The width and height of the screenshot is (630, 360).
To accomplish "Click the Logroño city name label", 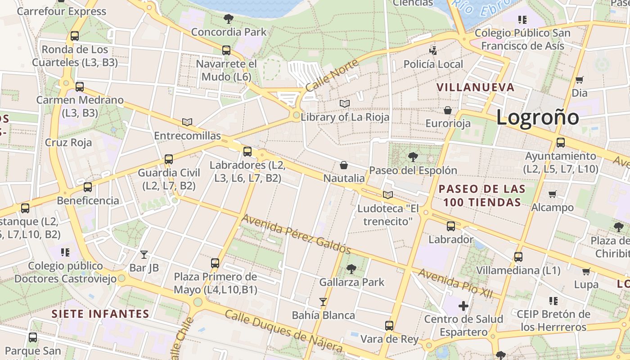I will coord(537,117).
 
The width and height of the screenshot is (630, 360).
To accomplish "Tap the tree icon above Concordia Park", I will coord(228,19).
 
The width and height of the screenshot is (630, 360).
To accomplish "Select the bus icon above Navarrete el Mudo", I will coord(226,50).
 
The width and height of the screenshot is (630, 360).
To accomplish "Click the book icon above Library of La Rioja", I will coord(345,104).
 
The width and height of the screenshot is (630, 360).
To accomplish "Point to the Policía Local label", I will coord(433,64).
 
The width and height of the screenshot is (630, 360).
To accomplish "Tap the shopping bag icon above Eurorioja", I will coord(448,110).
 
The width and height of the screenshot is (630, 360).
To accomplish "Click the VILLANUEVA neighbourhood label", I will coord(475,87).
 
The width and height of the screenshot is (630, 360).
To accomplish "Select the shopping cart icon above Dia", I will coord(580,80).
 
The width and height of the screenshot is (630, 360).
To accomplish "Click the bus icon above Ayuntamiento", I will coord(561,143).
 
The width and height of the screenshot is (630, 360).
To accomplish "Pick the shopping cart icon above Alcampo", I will coord(553,194).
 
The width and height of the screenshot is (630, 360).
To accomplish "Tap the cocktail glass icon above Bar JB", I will coord(144,255).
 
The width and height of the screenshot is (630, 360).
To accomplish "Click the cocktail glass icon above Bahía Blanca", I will coord(323,301).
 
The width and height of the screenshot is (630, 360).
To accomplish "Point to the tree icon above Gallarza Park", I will coord(351,269).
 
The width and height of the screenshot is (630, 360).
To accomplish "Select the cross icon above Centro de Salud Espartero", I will coord(463,306).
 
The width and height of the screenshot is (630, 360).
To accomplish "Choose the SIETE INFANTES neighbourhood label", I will coord(100,314).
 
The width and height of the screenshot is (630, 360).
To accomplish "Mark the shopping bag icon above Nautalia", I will coord(344,165).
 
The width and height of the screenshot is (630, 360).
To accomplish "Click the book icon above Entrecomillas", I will coord(187,122).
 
